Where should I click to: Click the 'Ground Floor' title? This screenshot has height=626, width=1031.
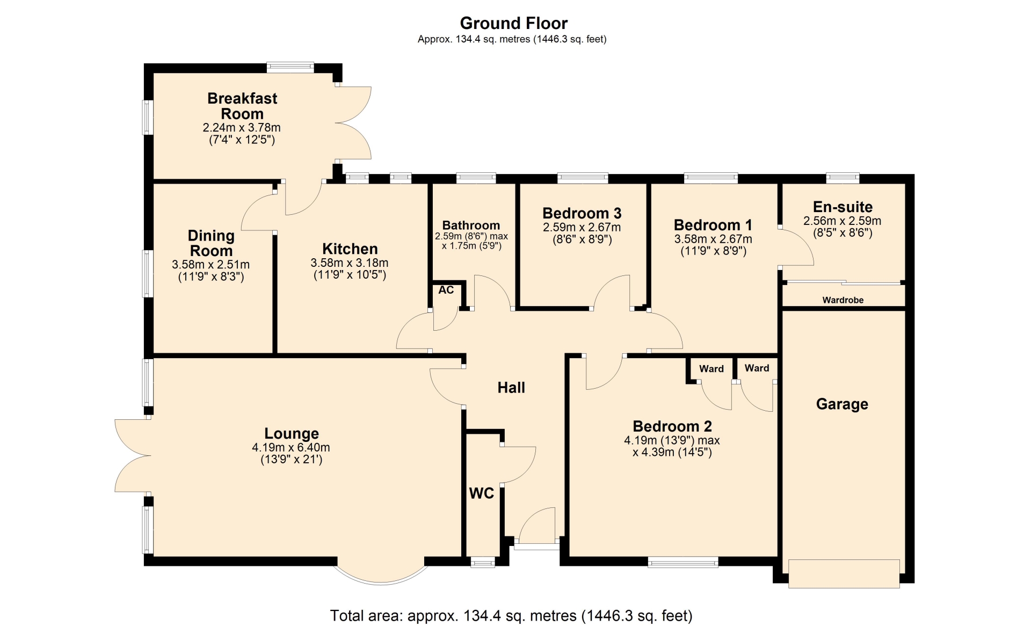[x=513, y=23]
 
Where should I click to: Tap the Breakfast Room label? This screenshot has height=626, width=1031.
[x=242, y=106]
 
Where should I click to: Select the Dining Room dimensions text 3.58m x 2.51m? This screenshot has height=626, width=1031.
[x=210, y=265]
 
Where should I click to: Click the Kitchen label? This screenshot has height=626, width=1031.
[x=350, y=249]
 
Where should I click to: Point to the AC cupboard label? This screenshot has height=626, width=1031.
[x=446, y=290]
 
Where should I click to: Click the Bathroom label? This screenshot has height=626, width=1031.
[x=471, y=225]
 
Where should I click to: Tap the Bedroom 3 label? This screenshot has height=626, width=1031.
[x=582, y=214]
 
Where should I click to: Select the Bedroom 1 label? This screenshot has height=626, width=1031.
[x=713, y=225]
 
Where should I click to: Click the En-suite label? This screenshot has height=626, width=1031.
[x=843, y=207]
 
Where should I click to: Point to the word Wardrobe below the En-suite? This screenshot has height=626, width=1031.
[x=843, y=300]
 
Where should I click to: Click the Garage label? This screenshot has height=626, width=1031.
[x=842, y=404]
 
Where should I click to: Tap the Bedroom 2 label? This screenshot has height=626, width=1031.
[x=672, y=426]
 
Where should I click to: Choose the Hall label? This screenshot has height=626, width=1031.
[x=511, y=388]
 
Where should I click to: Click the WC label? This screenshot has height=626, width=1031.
[x=482, y=493]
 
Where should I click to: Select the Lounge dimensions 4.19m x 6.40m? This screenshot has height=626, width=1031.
[x=291, y=447]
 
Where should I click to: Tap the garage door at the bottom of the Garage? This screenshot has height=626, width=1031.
[x=844, y=574]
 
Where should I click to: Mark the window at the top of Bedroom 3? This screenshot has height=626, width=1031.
[x=583, y=178]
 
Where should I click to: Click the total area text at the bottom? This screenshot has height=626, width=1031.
[x=511, y=615]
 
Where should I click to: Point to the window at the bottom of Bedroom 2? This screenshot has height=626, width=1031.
[x=683, y=562]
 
